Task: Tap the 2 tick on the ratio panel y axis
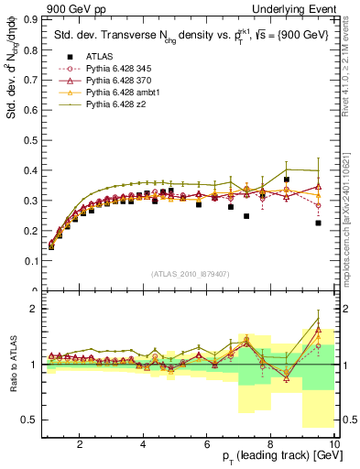36,309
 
